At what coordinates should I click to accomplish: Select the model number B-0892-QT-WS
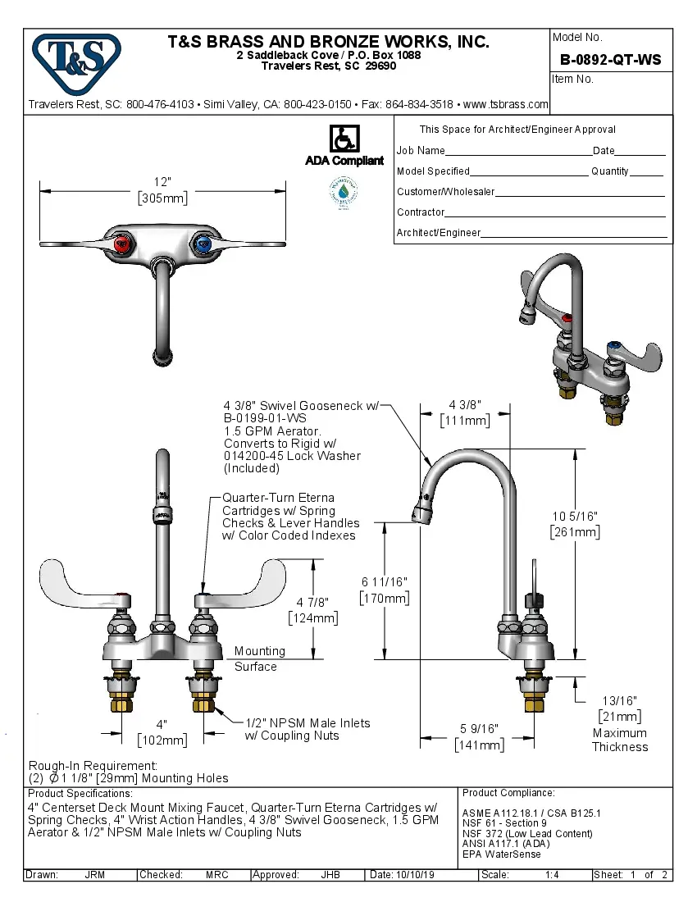point(610,60)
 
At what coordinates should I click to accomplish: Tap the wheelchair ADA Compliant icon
point(344,139)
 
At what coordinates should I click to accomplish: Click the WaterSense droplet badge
point(343,192)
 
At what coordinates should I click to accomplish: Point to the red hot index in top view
point(124,243)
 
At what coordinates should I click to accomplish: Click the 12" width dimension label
point(162,182)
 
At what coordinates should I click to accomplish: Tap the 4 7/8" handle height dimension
point(312,603)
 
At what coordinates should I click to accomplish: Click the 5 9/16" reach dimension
point(479,728)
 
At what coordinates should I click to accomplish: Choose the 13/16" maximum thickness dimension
point(619,701)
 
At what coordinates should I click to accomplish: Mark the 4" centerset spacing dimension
point(162,725)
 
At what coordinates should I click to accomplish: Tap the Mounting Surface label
point(260,658)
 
